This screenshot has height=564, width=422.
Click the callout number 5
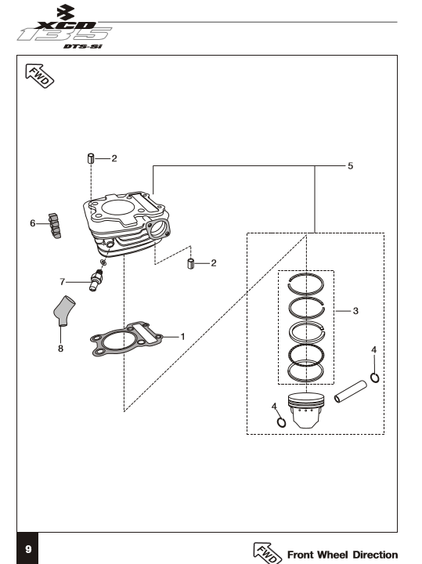pyautogui.click(x=350, y=166)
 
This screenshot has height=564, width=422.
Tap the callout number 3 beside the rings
pyautogui.click(x=355, y=311)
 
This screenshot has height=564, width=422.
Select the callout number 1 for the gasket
pyautogui.click(x=182, y=337)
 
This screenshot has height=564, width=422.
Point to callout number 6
pyautogui.click(x=33, y=223)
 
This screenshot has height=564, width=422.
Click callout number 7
pyautogui.click(x=62, y=282)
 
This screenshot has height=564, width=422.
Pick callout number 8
pyautogui.click(x=60, y=348)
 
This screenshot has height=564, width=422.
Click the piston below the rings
pyautogui.click(x=306, y=410)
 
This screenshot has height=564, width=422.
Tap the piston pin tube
pyautogui.click(x=351, y=392)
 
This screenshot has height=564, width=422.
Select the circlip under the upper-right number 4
pyautogui.click(x=374, y=378)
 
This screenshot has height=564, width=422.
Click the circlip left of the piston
pyautogui.click(x=281, y=422)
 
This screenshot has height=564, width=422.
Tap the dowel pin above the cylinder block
pyautogui.click(x=91, y=158)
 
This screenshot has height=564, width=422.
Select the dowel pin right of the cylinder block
pyautogui.click(x=191, y=263)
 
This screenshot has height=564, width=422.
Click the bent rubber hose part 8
pyautogui.click(x=63, y=310)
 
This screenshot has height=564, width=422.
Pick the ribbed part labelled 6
pyautogui.click(x=55, y=226)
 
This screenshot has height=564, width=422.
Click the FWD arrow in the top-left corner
pyautogui.click(x=39, y=75)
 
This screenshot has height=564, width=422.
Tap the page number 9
pyautogui.click(x=28, y=549)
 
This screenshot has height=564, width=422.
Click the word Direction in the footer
pyautogui.click(x=375, y=555)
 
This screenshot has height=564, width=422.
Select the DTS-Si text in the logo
pyautogui.click(x=83, y=46)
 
